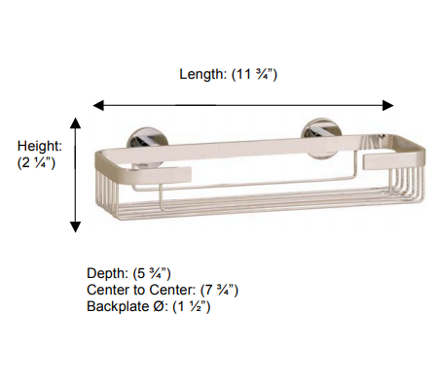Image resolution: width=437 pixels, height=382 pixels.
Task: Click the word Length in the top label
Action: (202, 74)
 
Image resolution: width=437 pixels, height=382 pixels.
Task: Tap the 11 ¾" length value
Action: (255, 74)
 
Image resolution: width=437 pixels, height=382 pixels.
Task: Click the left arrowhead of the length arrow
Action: (98, 105)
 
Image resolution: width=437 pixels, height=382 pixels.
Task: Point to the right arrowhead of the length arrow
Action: (388, 105)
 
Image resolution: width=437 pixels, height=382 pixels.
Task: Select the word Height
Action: (40, 147)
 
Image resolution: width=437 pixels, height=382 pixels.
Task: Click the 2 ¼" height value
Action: (36, 162)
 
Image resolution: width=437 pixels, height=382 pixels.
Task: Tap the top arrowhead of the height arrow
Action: (75, 123)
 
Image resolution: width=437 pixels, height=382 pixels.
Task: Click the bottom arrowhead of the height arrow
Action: (75, 226)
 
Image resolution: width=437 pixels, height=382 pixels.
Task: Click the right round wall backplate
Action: (321, 134)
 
